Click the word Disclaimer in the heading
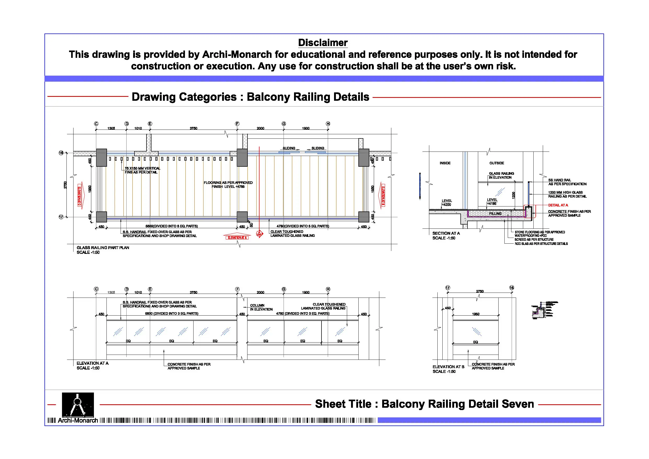tap(323, 43)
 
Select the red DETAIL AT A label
tap(558, 205)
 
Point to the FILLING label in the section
tap(495, 214)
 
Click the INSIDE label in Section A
tap(445, 163)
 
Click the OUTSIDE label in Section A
tap(497, 163)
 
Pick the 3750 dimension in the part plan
tap(193, 128)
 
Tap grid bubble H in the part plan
tap(328, 124)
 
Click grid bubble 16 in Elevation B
tap(511, 288)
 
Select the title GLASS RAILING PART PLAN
tap(103, 248)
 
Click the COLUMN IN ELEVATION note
tap(261, 307)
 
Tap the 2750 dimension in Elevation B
tap(480, 291)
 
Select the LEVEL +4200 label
tap(447, 203)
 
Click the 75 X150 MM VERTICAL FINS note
tap(142, 170)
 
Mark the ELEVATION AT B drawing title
tap(448, 367)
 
